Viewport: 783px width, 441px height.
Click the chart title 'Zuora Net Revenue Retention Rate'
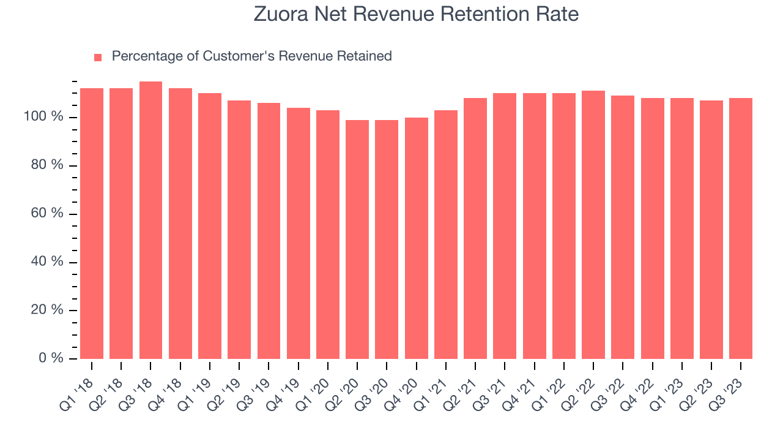[x=416, y=14]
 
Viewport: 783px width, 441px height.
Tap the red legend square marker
[x=98, y=57]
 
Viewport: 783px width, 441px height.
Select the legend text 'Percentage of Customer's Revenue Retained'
[x=251, y=56]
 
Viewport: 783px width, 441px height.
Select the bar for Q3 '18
[x=150, y=221]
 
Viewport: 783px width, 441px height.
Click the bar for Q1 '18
[x=92, y=224]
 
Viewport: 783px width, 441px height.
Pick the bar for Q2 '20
[x=357, y=239]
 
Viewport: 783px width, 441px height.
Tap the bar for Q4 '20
[x=416, y=238]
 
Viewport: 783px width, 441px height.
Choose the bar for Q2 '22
[x=593, y=225]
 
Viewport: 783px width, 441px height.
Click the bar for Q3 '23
[x=741, y=228]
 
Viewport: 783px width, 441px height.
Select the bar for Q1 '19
[x=210, y=226]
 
